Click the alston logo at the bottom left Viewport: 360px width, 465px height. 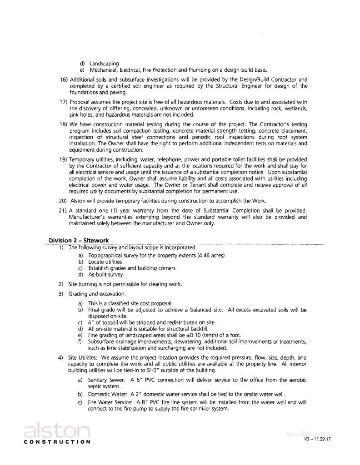56,430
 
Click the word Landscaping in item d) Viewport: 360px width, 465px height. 104,63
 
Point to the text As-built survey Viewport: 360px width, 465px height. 106,274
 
